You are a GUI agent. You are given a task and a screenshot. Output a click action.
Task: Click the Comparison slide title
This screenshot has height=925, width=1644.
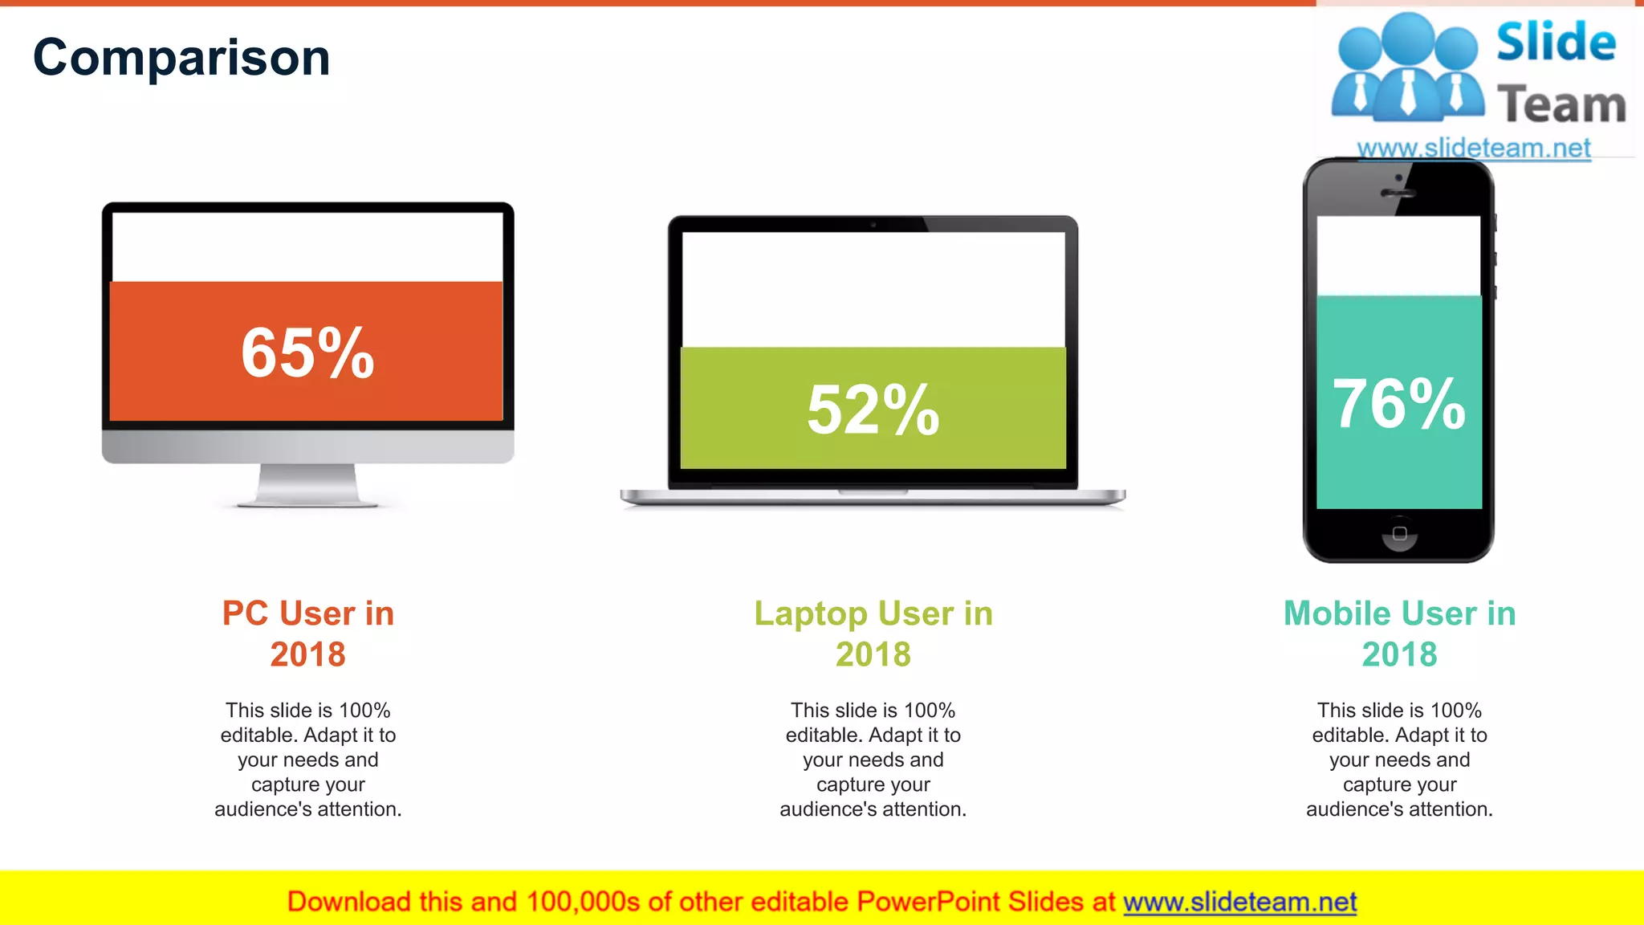pos(181,58)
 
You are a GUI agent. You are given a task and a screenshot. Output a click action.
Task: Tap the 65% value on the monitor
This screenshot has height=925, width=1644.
pos(307,352)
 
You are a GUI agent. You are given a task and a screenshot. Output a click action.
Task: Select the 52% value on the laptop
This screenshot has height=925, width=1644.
pos(873,410)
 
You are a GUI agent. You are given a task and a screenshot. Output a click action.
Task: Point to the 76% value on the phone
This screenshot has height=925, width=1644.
pos(1398,403)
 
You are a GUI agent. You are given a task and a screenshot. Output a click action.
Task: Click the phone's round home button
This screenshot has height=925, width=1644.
pos(1399,534)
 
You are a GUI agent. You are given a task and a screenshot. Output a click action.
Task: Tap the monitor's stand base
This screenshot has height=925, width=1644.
pos(307,502)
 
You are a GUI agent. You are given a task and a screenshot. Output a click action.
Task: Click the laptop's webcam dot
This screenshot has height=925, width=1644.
pos(873,225)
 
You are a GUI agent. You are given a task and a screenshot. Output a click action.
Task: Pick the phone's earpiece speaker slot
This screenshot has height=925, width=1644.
pos(1398,194)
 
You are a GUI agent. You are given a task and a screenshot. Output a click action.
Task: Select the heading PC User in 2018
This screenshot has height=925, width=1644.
pos(307,634)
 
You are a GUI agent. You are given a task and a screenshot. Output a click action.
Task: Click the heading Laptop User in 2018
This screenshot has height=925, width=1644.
pos(873,634)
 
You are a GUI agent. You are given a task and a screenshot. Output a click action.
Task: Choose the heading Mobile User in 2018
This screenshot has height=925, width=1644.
pos(1399,634)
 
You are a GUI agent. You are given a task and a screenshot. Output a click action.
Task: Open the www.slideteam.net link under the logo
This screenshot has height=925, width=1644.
pos(1473,149)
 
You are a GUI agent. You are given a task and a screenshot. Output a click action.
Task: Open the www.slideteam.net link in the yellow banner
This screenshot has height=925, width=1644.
pos(1239,902)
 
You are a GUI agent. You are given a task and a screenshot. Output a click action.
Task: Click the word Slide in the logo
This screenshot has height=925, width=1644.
pos(1556,42)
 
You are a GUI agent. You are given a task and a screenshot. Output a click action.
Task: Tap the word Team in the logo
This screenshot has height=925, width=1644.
pos(1561,104)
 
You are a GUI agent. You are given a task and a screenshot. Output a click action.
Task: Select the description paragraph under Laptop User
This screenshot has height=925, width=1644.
pos(873,760)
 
